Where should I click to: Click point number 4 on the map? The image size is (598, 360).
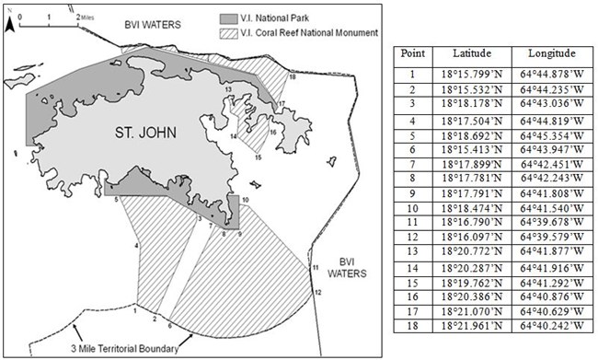coord(136,246)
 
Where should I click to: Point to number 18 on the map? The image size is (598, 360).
coord(292,78)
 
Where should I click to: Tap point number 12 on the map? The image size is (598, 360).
coord(318,292)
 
